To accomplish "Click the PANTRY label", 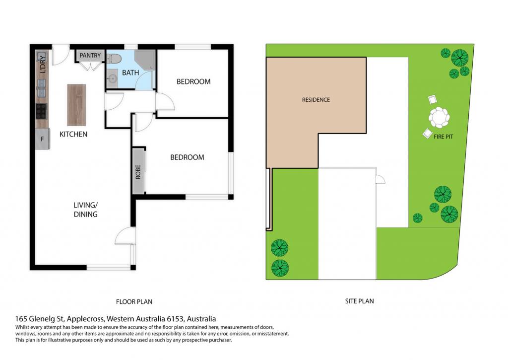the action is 90,56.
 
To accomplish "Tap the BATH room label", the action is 130,72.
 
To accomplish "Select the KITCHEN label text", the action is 73,134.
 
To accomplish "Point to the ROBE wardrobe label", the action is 138,172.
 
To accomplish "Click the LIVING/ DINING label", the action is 85,210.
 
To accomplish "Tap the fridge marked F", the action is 43,139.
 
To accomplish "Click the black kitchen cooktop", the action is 41,111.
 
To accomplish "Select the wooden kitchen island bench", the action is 76,105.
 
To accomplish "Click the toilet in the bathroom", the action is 114,59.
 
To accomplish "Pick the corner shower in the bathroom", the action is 144,60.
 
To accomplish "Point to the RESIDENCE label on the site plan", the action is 316,100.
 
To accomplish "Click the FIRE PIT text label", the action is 443,137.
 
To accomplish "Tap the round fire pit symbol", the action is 440,117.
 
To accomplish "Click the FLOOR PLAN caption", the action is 134,301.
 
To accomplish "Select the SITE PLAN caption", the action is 359,301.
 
